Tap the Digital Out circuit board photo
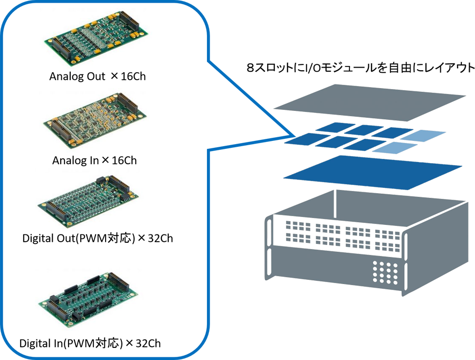pos(88,200)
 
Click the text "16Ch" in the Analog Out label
pos(133,77)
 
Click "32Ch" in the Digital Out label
pos(159,239)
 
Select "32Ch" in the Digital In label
pos(148,344)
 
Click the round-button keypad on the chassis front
pos(385,272)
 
